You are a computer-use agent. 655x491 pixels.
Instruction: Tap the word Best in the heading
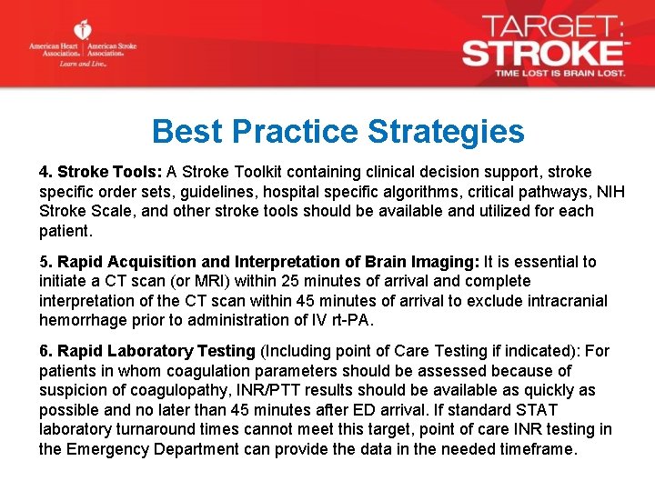point(187,132)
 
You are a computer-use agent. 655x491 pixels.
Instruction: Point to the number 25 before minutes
point(302,281)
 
